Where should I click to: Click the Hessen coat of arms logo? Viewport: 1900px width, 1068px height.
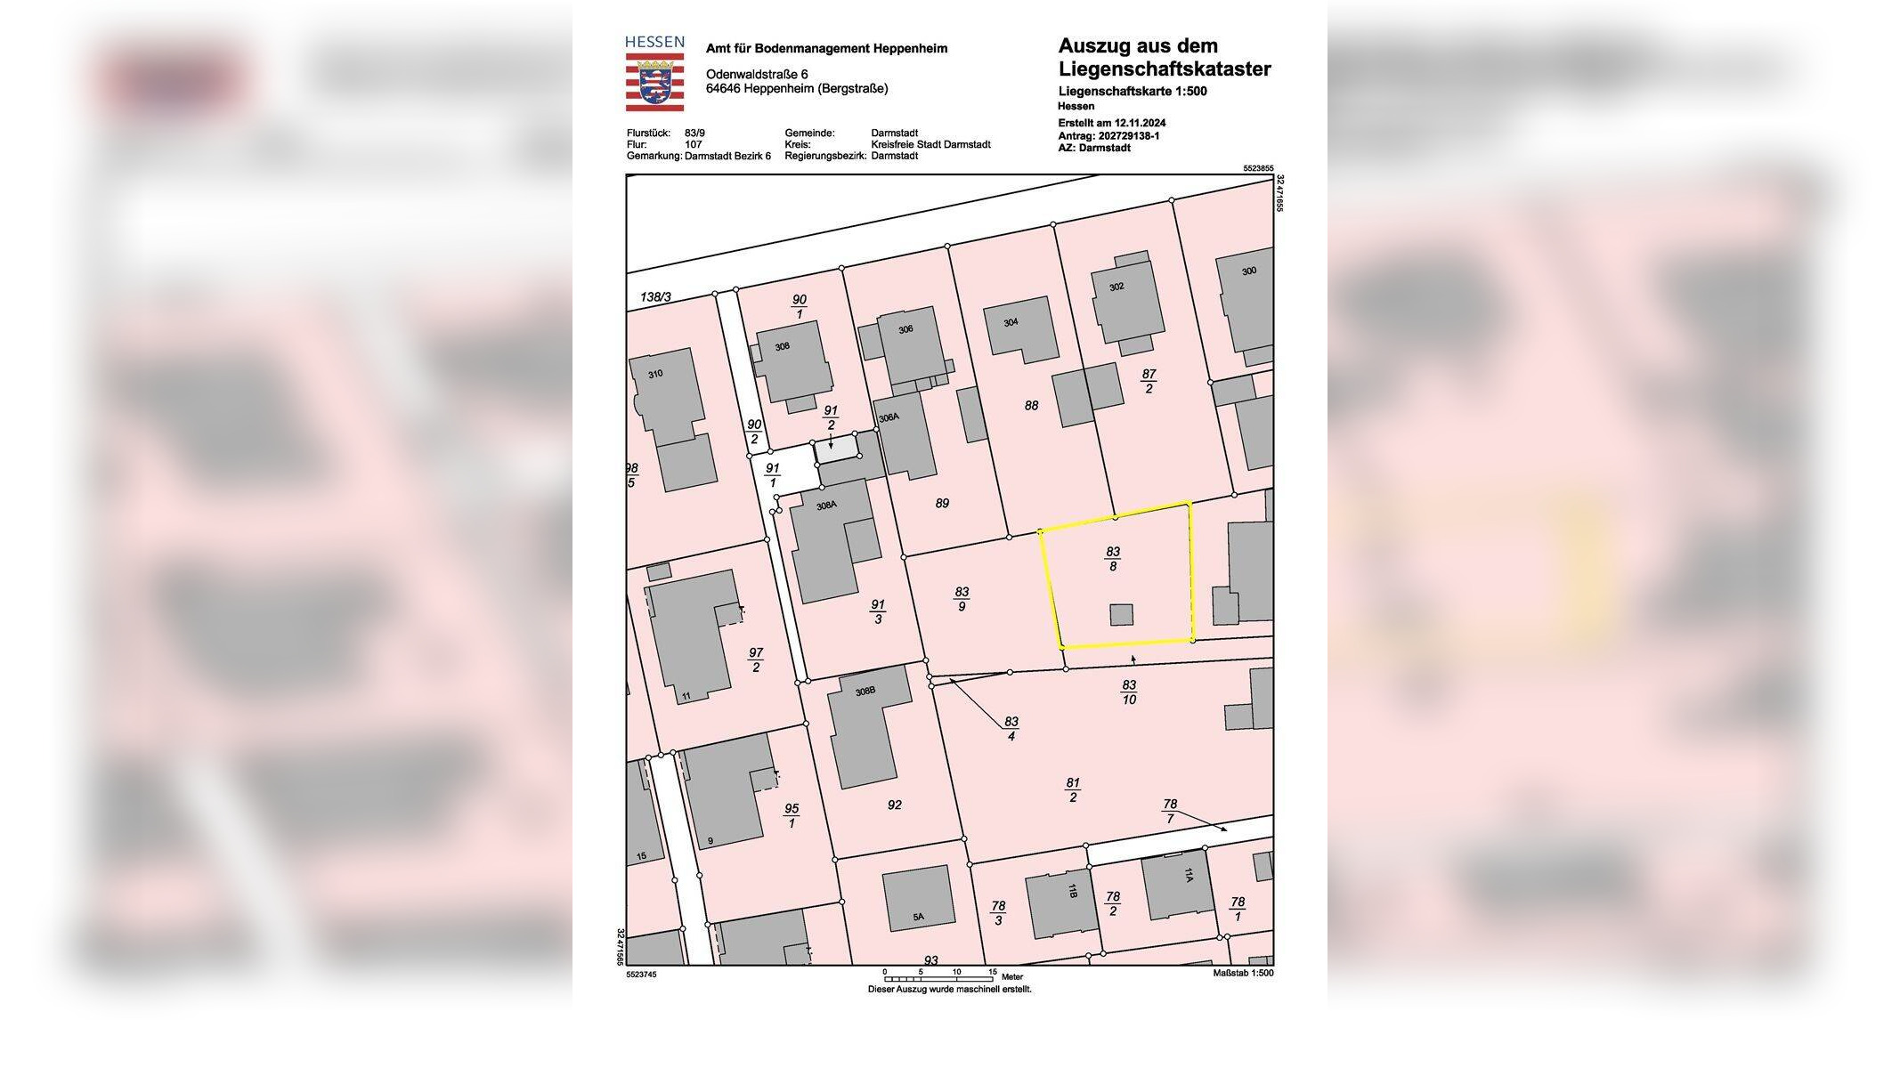(x=654, y=81)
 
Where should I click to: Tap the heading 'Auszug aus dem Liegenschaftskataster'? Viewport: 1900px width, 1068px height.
(x=1164, y=58)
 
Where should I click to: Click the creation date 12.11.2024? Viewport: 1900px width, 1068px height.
(x=1140, y=123)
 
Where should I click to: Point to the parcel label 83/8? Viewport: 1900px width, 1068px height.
(x=1113, y=559)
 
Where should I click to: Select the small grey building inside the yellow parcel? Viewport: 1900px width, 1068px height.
(x=1121, y=615)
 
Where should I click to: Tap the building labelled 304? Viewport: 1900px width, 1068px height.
(x=1019, y=328)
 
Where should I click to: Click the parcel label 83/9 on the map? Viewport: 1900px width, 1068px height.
(x=962, y=599)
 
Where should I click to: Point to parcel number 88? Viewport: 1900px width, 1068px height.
(x=1031, y=406)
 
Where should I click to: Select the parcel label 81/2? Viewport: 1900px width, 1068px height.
(x=1073, y=790)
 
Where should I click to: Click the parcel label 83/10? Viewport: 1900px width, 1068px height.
(x=1129, y=692)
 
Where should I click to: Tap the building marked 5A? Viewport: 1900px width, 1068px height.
(x=918, y=899)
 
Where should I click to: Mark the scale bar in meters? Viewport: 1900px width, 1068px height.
(x=938, y=977)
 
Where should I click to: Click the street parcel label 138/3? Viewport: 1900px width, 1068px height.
(x=656, y=297)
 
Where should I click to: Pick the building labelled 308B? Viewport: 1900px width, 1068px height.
(x=864, y=725)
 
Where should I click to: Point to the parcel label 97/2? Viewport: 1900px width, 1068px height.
(x=756, y=660)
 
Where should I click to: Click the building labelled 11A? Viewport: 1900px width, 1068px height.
(x=1177, y=883)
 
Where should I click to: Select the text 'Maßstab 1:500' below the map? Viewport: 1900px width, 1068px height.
(x=1243, y=974)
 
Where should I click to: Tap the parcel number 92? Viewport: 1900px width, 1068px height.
(x=895, y=805)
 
